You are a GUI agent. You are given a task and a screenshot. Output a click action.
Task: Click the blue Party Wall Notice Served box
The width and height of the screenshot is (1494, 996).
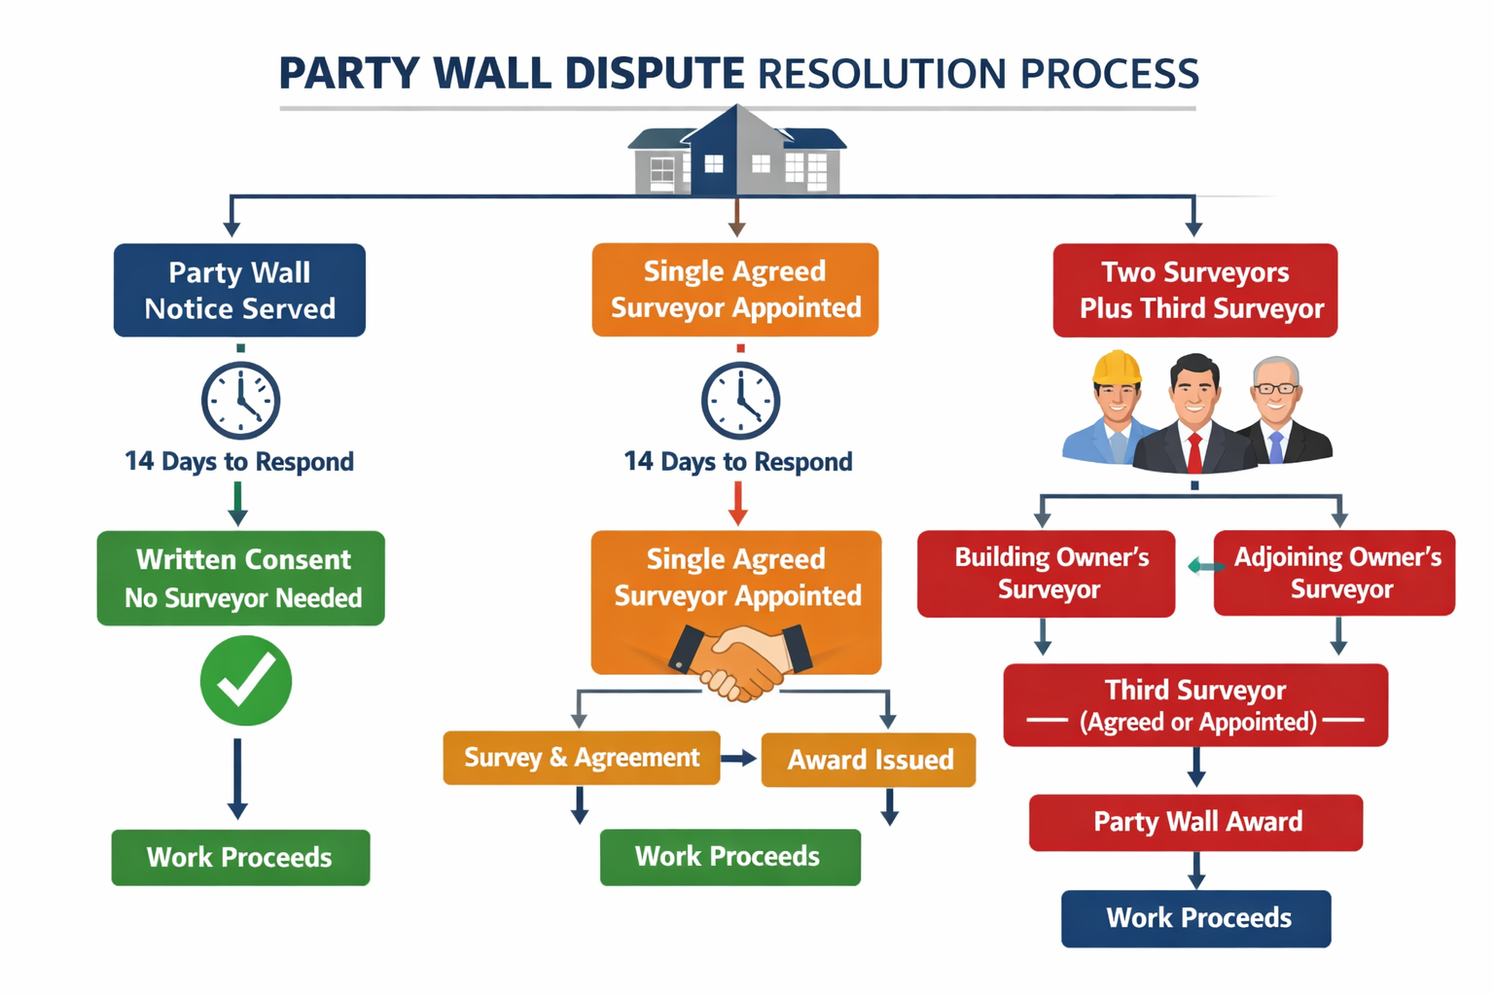coord(239,290)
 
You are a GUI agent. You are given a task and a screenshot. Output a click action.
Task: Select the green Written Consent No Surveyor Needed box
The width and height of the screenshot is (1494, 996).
coord(241,578)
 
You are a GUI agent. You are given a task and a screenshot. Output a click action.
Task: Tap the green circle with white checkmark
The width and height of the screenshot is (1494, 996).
coord(246,681)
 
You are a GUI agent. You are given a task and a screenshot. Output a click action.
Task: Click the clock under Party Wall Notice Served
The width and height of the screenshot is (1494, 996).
coord(240,400)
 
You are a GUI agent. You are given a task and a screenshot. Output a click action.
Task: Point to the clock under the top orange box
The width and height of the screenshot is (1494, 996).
coord(740,400)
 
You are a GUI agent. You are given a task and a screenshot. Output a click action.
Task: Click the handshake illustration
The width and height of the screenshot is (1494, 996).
coord(740,661)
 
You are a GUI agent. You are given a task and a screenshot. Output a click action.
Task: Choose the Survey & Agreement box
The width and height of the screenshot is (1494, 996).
coord(581,758)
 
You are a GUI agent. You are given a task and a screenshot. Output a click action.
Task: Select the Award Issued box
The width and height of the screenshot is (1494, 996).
coord(869,760)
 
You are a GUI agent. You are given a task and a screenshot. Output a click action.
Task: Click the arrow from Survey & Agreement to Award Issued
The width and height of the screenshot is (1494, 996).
coord(739,759)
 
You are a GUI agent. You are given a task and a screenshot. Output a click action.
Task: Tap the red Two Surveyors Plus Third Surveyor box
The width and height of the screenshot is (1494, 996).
coord(1195,290)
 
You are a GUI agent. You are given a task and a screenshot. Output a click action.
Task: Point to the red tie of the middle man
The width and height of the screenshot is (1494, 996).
coord(1194,451)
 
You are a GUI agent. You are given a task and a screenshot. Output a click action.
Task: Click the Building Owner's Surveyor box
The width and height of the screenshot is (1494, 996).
coord(1047,573)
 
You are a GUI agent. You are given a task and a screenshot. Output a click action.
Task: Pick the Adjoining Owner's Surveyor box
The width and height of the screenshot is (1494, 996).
coord(1334,573)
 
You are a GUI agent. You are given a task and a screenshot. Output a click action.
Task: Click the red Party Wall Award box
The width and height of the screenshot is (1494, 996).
coord(1195,822)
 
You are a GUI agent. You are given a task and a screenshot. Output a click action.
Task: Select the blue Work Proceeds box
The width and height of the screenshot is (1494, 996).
coord(1195,918)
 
